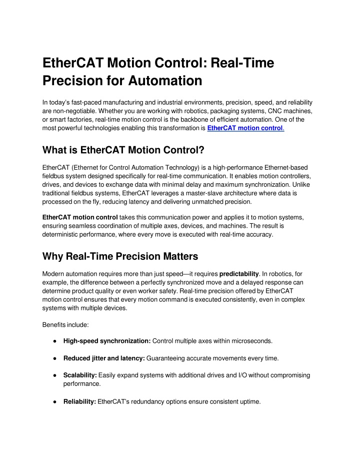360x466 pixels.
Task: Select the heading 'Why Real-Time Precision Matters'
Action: (x=120, y=256)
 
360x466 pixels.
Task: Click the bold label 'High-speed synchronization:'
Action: (x=107, y=341)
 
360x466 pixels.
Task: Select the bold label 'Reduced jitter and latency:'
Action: (x=104, y=358)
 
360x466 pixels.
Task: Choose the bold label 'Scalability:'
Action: (x=80, y=375)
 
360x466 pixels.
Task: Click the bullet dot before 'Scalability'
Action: (x=53, y=375)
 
